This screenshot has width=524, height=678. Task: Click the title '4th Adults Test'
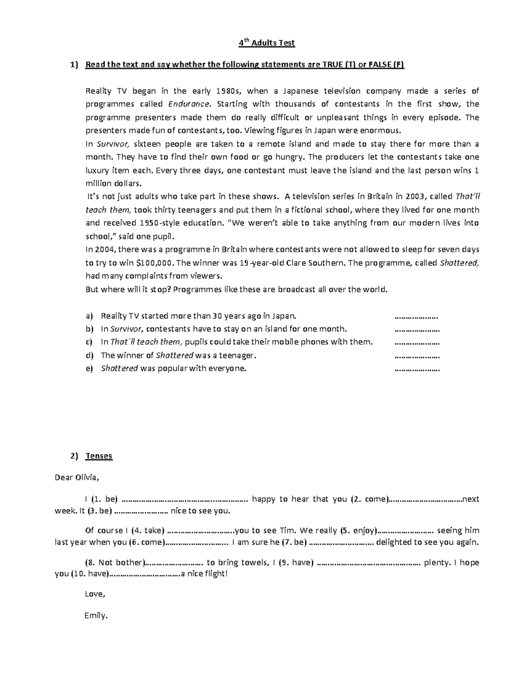point(266,43)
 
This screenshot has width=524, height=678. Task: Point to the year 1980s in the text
point(231,91)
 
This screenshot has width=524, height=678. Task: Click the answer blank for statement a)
point(416,316)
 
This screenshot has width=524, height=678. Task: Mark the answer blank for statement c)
point(417,342)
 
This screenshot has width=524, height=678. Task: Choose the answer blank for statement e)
point(417,369)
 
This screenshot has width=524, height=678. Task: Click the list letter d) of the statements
point(90,355)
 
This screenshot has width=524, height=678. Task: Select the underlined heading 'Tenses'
point(99,456)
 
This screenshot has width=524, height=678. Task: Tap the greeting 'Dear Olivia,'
point(77,477)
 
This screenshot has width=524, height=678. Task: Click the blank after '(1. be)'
point(185,499)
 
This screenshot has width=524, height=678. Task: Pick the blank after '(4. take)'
point(200,531)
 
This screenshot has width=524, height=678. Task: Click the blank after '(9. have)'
point(369,563)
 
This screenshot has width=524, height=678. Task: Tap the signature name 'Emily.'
point(96,616)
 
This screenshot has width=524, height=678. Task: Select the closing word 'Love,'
point(95,594)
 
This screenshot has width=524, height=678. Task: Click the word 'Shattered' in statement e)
point(119,369)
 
